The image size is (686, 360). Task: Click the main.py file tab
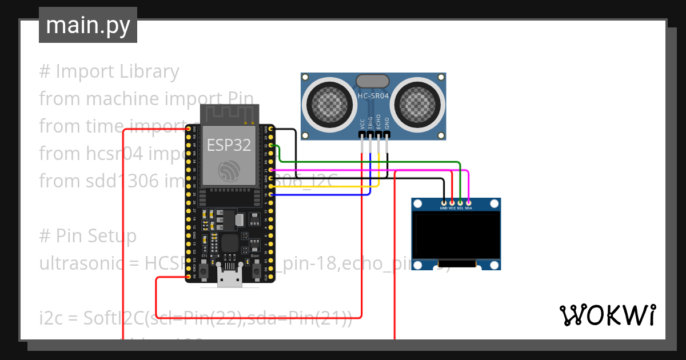click(x=87, y=25)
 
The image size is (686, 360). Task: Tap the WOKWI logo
click(x=607, y=315)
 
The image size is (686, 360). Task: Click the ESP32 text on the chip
click(x=229, y=145)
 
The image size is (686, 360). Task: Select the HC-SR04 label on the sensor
click(x=373, y=97)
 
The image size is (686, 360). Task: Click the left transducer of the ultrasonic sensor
click(x=329, y=103)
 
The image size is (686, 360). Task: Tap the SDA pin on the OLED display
click(x=468, y=202)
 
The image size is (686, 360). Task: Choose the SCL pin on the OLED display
click(x=460, y=202)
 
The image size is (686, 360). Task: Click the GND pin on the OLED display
click(x=444, y=202)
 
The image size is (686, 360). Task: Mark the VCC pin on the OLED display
click(x=452, y=202)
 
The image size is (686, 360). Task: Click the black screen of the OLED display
click(x=456, y=236)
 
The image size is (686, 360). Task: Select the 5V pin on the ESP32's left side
click(x=188, y=277)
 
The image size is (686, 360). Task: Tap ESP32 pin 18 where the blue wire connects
click(x=270, y=194)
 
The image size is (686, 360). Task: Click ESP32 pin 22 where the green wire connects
click(x=270, y=145)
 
